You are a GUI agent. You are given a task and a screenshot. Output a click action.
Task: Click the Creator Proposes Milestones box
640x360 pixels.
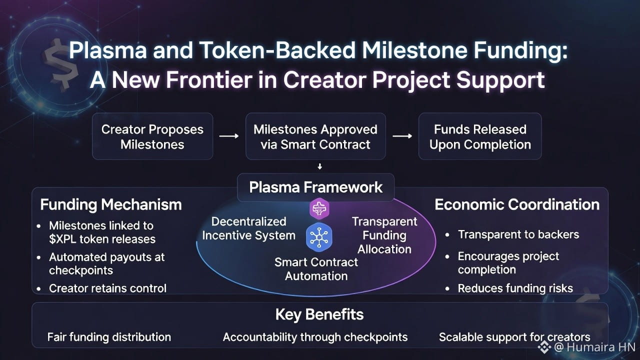152,136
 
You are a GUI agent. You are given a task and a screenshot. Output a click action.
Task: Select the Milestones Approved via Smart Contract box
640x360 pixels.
315,136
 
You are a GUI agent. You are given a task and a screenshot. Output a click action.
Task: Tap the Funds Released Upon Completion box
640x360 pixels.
480,136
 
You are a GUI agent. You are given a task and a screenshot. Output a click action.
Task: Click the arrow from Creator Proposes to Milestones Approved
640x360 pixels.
229,136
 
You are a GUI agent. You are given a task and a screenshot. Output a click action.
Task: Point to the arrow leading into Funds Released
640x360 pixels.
402,136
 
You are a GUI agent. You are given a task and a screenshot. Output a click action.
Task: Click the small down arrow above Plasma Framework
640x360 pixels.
319,166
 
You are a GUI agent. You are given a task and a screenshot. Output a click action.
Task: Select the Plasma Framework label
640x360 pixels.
315,187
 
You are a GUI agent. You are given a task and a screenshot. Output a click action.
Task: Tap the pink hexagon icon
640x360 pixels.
319,208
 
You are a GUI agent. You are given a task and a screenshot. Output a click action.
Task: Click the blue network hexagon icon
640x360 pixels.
319,237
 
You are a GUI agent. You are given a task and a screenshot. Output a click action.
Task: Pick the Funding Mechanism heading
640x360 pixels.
111,204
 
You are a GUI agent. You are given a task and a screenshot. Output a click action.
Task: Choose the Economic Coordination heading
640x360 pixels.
517,204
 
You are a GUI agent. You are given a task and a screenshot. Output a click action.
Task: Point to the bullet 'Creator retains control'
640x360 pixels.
107,288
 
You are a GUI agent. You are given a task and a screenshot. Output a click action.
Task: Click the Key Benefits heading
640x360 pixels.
319,314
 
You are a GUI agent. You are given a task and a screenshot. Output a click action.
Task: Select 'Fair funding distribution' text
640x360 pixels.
109,337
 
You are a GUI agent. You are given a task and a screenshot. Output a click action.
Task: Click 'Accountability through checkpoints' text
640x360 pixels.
315,337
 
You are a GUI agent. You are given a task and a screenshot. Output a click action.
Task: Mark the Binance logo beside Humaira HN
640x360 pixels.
544,347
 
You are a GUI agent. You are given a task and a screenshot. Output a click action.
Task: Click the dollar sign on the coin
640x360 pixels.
61,63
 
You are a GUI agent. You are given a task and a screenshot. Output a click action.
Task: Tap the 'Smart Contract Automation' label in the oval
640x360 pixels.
316,269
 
